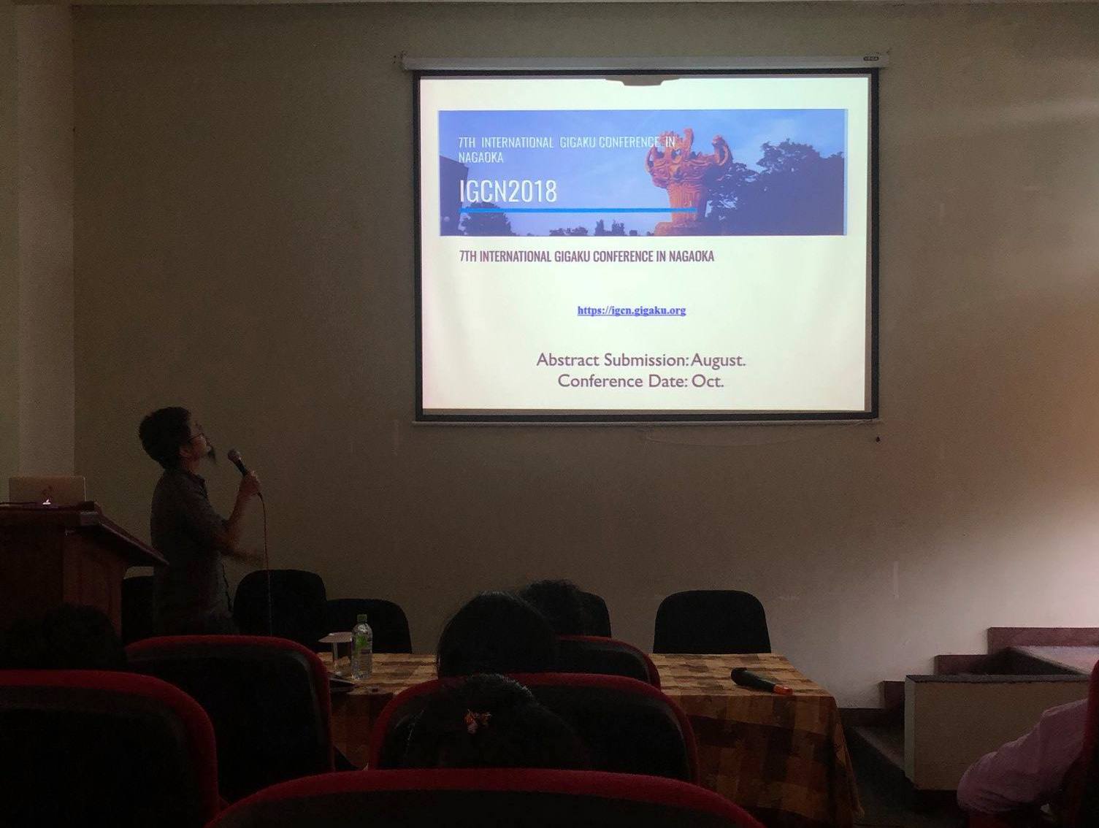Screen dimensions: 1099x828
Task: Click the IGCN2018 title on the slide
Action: (508, 191)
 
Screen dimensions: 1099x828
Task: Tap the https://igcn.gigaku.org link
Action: (632, 310)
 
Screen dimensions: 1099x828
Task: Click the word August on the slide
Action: (718, 360)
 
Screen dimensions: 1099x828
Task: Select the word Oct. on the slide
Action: (708, 381)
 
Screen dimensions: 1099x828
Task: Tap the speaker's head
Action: (170, 434)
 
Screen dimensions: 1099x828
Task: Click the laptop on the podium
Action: (47, 489)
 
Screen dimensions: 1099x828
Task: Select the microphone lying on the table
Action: (761, 681)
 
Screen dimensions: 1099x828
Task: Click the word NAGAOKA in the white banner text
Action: (480, 157)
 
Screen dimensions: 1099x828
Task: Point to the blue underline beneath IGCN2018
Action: (578, 211)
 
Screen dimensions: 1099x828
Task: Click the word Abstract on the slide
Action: (568, 360)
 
